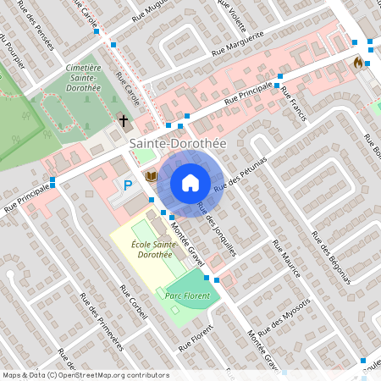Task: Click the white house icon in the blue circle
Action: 190,182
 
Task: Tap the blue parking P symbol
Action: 128,185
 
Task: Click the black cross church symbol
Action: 124,120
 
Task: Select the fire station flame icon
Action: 358,62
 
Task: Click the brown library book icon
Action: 152,175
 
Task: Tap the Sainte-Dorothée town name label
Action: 178,145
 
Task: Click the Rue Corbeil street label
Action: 134,302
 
